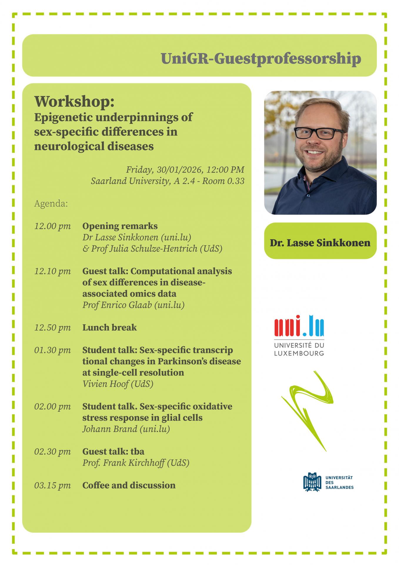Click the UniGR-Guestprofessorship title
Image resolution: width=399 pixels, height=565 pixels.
(x=261, y=59)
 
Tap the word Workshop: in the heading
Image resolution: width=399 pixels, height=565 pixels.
(x=74, y=102)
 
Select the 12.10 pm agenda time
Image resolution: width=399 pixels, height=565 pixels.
(x=53, y=271)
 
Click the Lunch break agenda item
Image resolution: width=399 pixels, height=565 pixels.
(x=109, y=328)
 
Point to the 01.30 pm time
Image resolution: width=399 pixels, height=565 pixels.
(x=53, y=350)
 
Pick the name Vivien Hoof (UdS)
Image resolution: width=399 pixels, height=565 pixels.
(x=118, y=384)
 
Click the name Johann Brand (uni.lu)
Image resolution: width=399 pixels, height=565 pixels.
(x=126, y=429)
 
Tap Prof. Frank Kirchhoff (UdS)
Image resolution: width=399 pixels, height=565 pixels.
(x=136, y=463)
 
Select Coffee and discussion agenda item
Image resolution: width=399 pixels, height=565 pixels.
(x=129, y=485)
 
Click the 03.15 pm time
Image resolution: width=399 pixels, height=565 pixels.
(x=53, y=486)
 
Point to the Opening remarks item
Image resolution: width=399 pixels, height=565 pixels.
(x=120, y=226)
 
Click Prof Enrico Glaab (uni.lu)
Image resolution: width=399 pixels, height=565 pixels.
(x=133, y=305)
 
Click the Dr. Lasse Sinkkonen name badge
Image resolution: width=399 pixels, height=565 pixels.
(x=320, y=241)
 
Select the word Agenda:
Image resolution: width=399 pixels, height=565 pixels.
(x=51, y=204)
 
